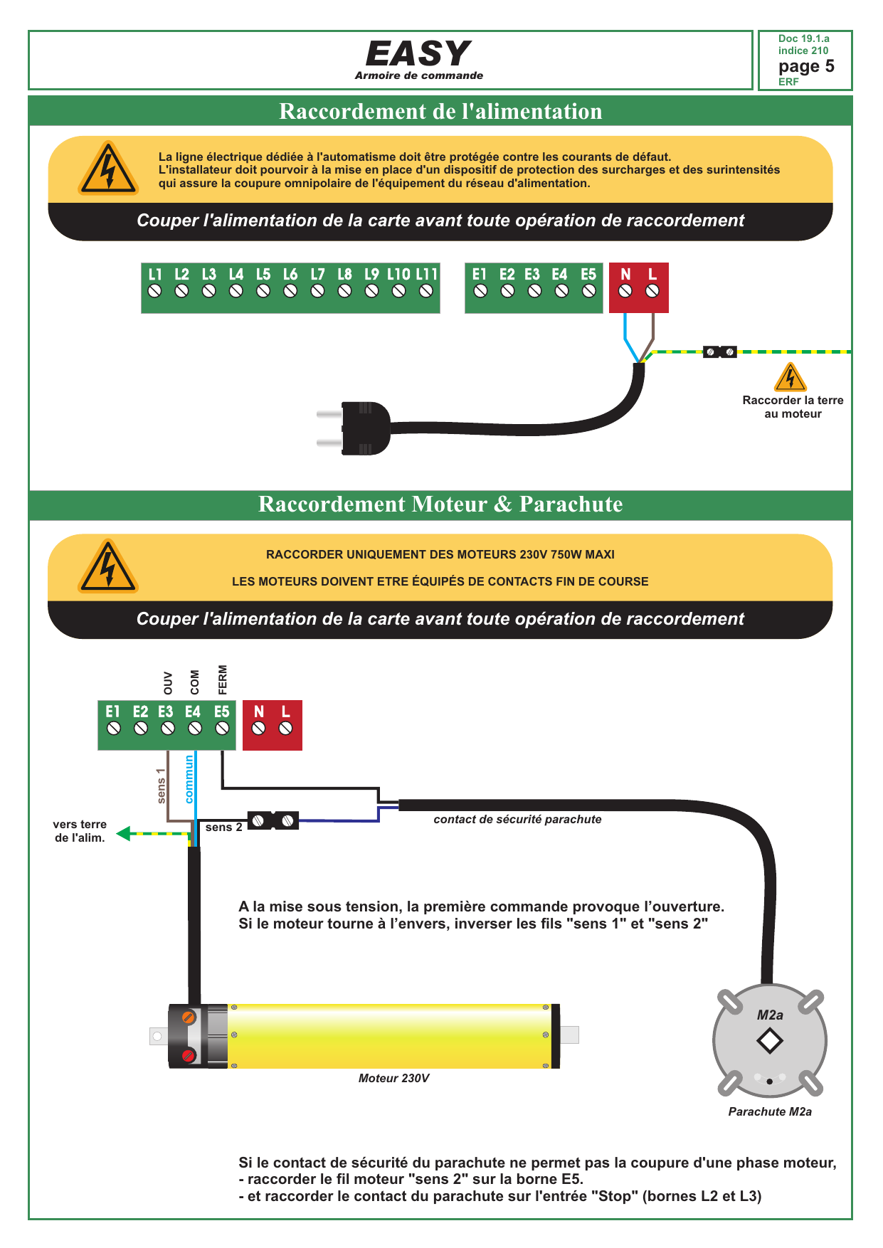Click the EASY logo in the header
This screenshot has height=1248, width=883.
coord(418,53)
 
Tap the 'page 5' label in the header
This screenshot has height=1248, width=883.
coord(806,66)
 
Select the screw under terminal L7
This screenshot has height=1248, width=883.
coord(317,290)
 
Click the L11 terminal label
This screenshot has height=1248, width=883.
coord(426,274)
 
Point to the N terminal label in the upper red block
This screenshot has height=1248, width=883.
coord(625,274)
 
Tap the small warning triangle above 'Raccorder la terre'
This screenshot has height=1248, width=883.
coord(790,377)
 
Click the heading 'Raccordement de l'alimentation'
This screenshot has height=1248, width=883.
coord(440,111)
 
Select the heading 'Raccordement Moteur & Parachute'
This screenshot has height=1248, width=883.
coord(440,504)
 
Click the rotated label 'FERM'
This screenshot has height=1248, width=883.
coord(223,679)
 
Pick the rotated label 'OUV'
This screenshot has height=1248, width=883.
coord(168,683)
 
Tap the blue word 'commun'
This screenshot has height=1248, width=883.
coord(189,779)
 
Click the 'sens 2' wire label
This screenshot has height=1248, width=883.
coord(223,827)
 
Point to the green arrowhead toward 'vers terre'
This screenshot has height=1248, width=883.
coord(124,833)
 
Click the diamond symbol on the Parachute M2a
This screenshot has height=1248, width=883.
coord(770,1041)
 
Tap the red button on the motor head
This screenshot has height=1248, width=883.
coord(189,1055)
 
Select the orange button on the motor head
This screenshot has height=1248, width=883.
coord(189,1017)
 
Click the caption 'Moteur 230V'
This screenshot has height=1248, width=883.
coord(393,1078)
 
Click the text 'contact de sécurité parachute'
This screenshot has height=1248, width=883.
coord(517,819)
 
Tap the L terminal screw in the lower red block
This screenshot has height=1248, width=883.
coord(285,728)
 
